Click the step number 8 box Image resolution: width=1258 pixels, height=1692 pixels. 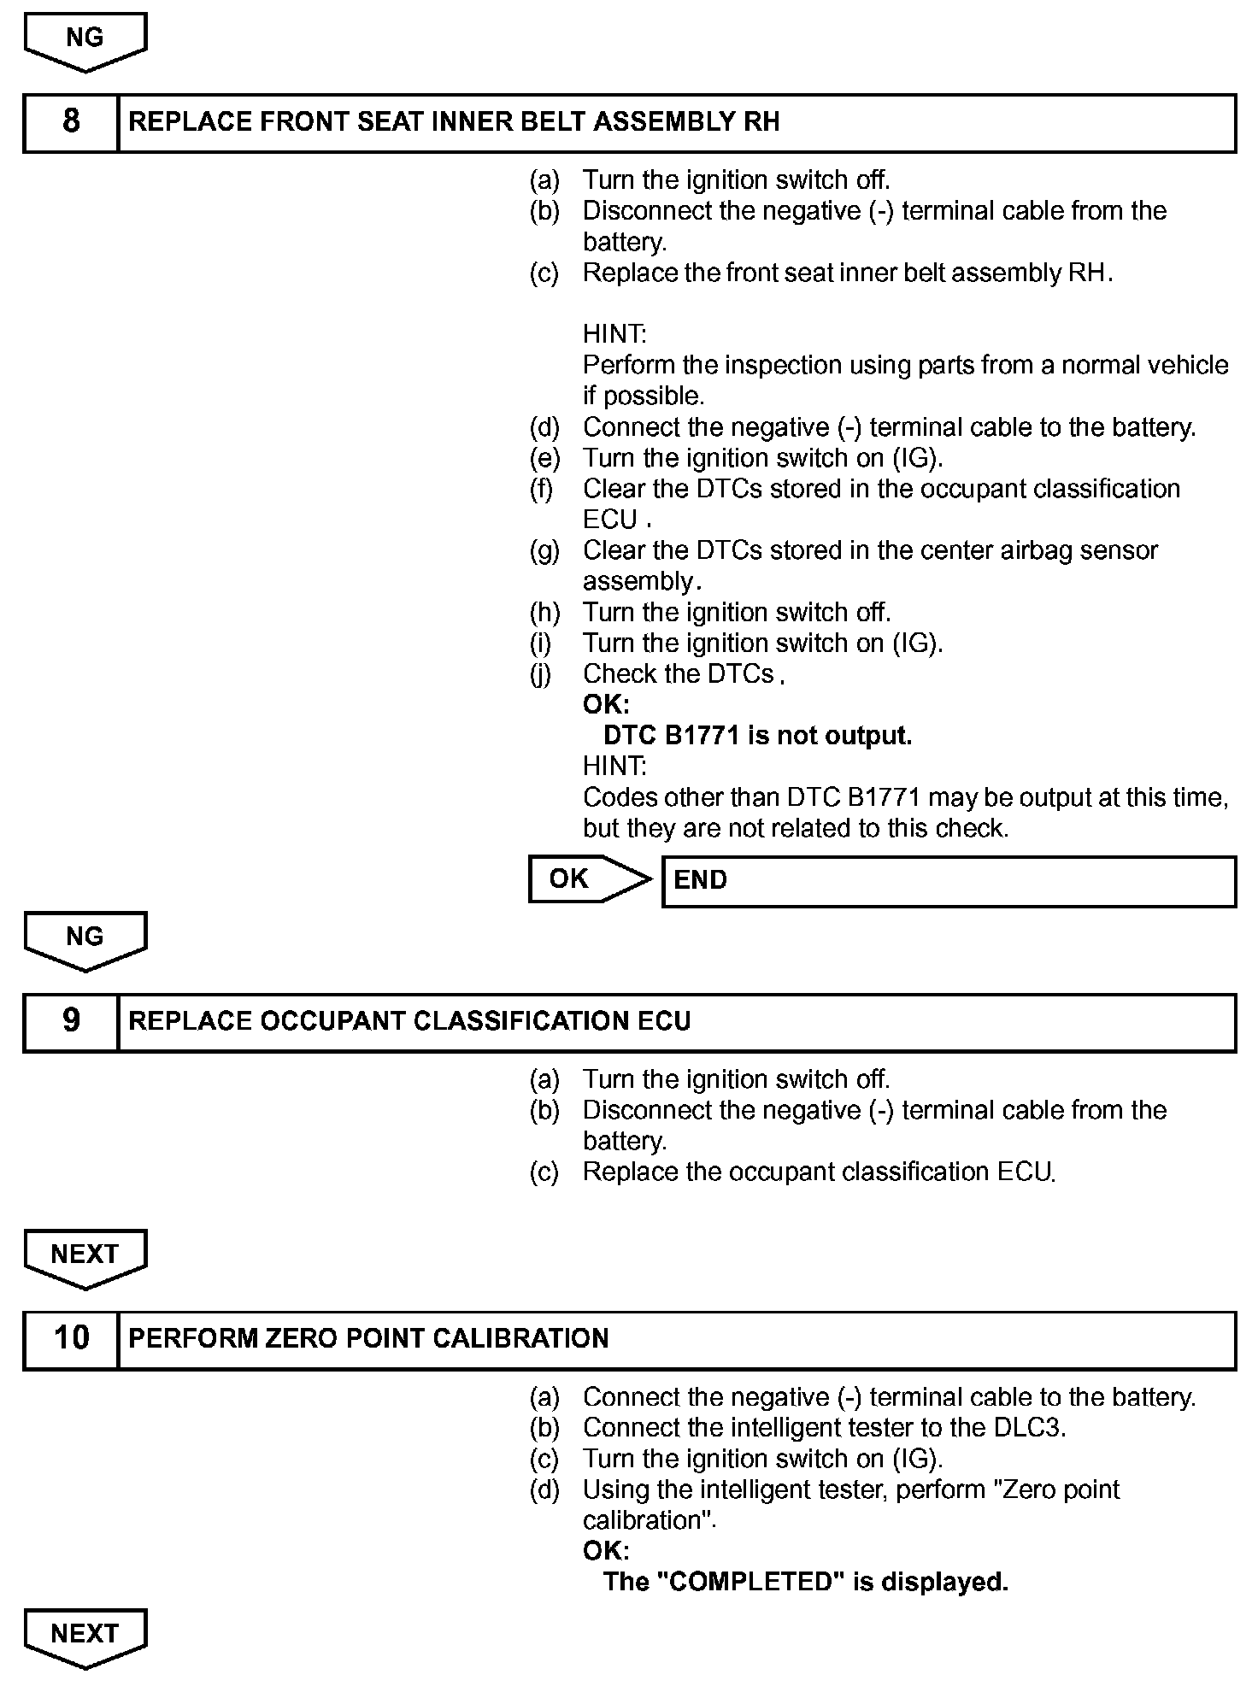tap(71, 122)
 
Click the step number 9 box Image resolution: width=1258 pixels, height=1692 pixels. tap(71, 1021)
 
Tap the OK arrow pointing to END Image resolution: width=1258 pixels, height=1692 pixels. tap(589, 879)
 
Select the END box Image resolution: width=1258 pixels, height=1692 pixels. tap(949, 880)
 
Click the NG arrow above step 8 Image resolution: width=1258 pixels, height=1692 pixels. tap(85, 40)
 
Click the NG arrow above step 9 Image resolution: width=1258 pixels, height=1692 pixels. tap(85, 939)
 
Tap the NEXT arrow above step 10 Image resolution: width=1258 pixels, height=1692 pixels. tap(85, 1256)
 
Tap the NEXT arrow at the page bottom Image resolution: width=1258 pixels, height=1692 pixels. tap(85, 1636)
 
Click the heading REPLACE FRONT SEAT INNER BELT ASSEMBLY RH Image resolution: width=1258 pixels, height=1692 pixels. tap(454, 122)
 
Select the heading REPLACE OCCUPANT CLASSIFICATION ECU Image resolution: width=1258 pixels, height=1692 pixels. tap(409, 1021)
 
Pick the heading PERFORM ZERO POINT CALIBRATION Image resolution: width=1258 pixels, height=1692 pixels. tap(368, 1338)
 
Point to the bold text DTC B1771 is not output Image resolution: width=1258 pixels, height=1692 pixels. tap(757, 736)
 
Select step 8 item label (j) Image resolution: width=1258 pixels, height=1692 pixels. tap(542, 674)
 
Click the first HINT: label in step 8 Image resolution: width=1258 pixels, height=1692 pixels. tap(614, 334)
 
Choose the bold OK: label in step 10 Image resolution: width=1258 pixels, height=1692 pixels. tap(606, 1551)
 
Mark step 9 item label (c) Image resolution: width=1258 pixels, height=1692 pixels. tap(544, 1172)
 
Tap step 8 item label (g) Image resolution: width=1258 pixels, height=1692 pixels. tap(544, 551)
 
